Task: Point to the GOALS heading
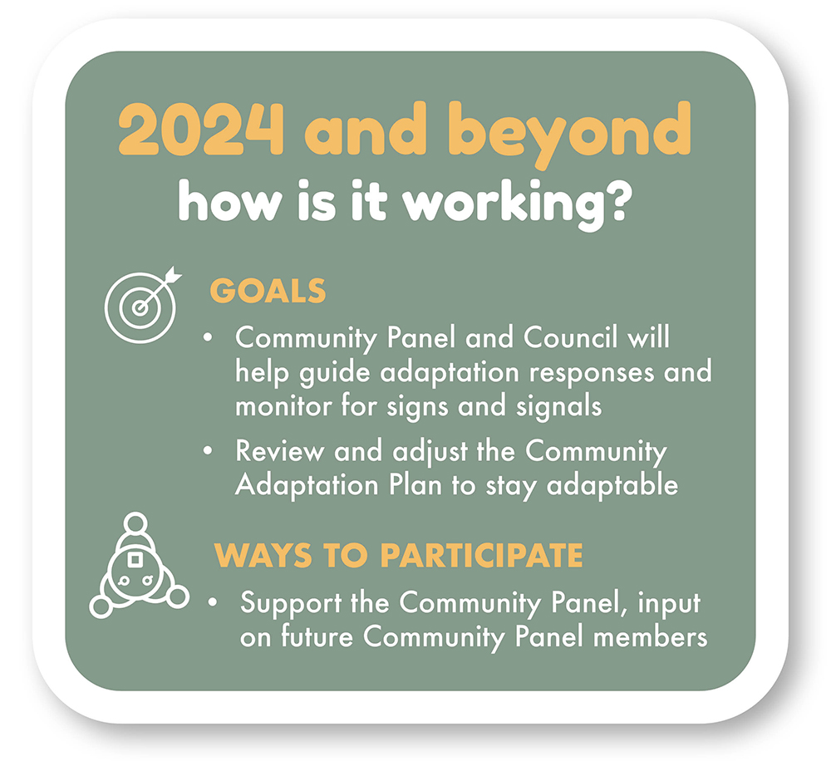[268, 292]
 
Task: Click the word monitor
[284, 407]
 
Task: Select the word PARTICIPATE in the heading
[481, 556]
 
